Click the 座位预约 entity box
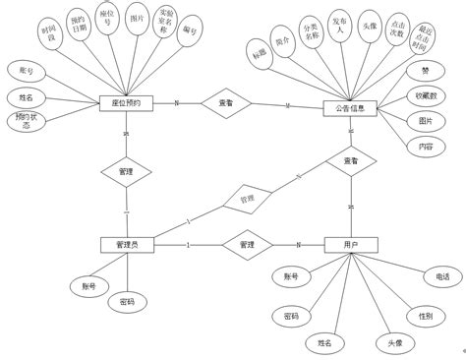click(126, 103)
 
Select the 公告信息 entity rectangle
click(350, 108)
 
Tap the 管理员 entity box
click(127, 245)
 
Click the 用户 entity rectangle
click(351, 245)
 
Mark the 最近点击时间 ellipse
click(424, 37)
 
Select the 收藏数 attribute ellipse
click(428, 96)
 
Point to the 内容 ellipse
click(425, 146)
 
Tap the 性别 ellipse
click(425, 316)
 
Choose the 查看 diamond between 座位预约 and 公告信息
click(226, 103)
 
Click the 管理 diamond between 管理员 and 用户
click(247, 245)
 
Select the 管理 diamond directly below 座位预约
click(126, 171)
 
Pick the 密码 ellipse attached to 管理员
click(127, 302)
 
